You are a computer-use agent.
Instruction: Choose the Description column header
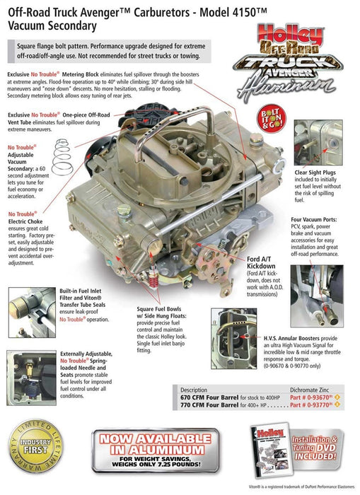point(194,388)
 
